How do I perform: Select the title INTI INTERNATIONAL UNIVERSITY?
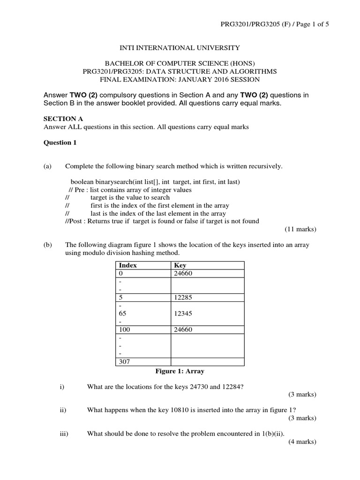[x=180, y=48]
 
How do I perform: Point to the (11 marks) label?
[x=300, y=229]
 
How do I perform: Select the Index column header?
[x=128, y=265]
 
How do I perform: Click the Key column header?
[x=180, y=265]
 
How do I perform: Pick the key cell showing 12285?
[x=183, y=297]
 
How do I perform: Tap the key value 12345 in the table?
[x=183, y=313]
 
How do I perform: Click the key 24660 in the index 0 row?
[x=183, y=273]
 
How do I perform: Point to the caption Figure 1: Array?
[x=180, y=371]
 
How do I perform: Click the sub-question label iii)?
[x=64, y=434]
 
